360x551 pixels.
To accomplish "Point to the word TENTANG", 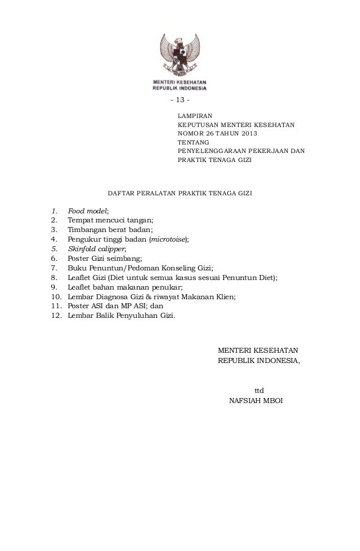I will point(193,142).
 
